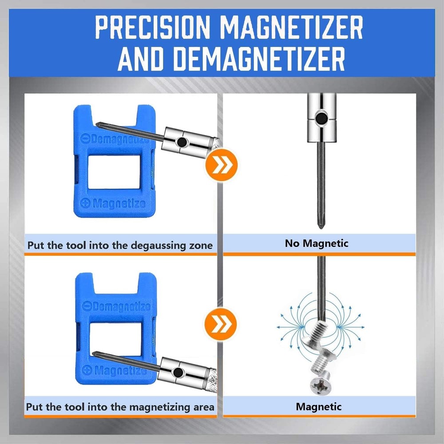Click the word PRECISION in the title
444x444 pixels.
tap(152, 27)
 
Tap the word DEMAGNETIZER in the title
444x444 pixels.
tap(258, 59)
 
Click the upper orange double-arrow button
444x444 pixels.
tap(222, 165)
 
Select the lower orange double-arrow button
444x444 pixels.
tap(220, 324)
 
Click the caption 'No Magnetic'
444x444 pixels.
tap(317, 243)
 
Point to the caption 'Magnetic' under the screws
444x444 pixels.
tap(318, 407)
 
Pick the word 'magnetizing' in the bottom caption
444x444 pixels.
tap(152, 407)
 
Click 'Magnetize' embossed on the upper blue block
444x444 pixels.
tap(119, 203)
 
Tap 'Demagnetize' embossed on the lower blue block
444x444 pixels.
tap(121, 307)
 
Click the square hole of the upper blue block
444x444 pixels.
tap(114, 172)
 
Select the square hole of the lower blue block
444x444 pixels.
tap(115, 338)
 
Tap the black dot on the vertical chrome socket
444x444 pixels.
tap(321, 118)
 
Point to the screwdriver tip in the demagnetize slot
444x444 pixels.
tap(99, 125)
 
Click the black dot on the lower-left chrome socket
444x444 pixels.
tap(178, 373)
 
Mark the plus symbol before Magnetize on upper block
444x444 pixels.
tap(85, 203)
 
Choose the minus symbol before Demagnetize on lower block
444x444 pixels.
tap(87, 306)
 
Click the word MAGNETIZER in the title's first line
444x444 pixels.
tap(291, 27)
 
